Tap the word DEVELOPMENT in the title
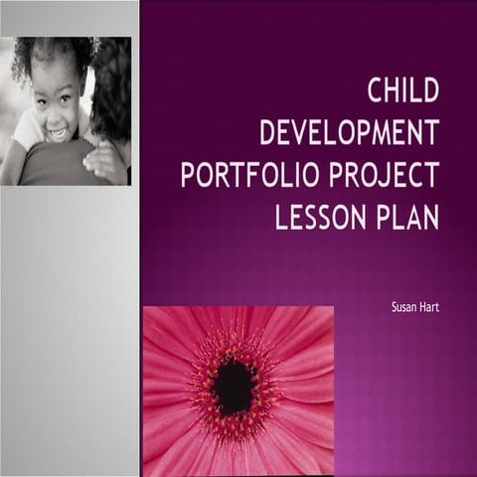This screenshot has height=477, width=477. point(348,134)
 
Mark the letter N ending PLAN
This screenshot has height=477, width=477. point(429,217)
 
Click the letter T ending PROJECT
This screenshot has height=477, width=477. point(430,175)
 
